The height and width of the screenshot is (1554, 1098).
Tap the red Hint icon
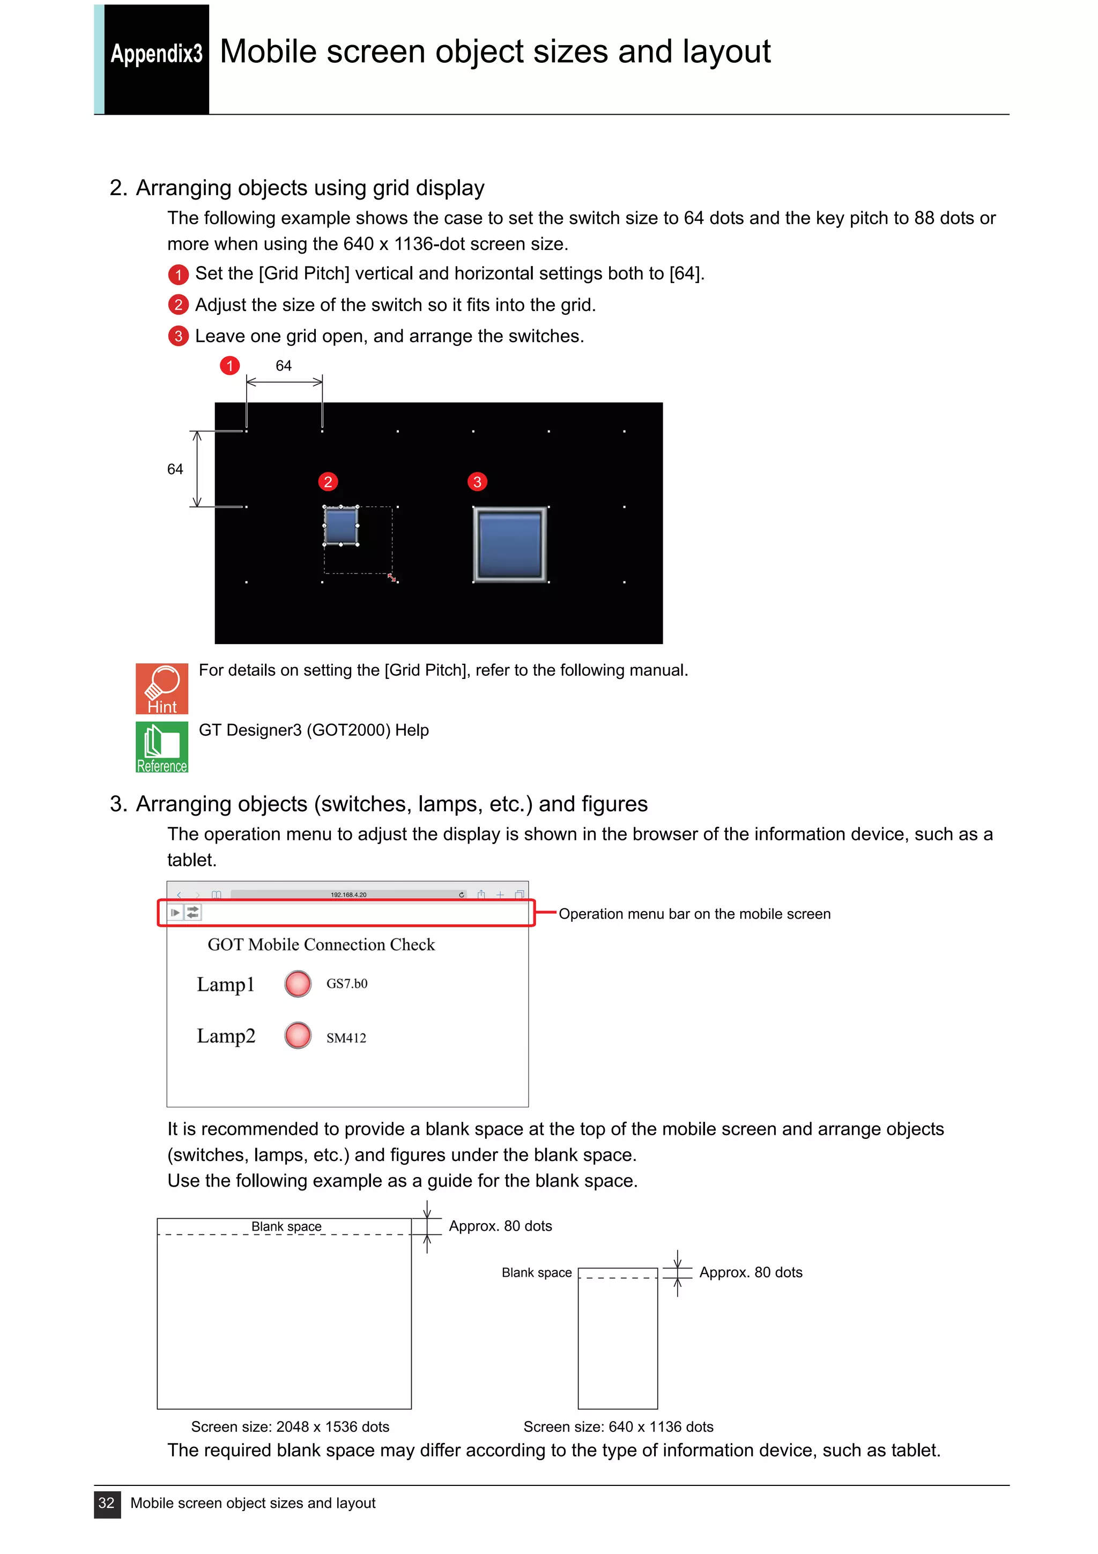coord(162,689)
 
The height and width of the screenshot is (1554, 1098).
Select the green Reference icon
coord(162,746)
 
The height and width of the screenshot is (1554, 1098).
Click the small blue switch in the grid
coord(341,525)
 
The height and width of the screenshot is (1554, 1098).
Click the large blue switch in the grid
coord(509,544)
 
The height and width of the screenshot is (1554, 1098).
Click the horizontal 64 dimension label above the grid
coord(284,366)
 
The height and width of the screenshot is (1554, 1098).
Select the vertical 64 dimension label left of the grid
coord(175,469)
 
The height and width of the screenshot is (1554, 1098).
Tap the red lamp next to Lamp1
coord(298,983)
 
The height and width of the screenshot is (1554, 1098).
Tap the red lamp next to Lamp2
coord(298,1035)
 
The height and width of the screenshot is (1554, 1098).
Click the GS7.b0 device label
coord(346,983)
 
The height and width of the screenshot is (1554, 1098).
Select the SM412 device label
coord(346,1038)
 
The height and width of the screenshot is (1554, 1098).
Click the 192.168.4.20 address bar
coord(348,894)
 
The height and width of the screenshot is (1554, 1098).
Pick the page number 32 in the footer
coord(107,1503)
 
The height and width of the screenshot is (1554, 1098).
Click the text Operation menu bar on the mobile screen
coord(694,914)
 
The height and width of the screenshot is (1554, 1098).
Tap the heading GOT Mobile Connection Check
coord(321,944)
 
